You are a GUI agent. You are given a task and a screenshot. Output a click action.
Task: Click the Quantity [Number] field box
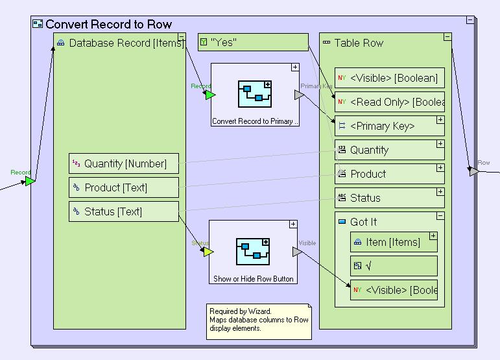click(x=124, y=163)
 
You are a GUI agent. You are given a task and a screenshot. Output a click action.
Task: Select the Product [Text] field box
click(x=124, y=187)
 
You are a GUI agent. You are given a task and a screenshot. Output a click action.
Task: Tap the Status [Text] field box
click(x=124, y=211)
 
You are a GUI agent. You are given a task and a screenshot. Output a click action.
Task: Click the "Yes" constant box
click(x=253, y=43)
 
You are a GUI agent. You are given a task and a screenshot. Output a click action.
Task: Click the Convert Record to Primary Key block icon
click(x=255, y=95)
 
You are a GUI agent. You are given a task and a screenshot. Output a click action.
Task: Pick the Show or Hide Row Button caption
click(x=254, y=279)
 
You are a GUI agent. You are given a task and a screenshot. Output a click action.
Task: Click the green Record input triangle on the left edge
click(x=30, y=181)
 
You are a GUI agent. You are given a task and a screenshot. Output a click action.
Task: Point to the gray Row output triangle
click(x=474, y=171)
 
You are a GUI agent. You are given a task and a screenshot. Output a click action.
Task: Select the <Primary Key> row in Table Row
click(x=389, y=126)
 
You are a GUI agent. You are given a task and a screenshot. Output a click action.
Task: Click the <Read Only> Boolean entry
click(x=389, y=102)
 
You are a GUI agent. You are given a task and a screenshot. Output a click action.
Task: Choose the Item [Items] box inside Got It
click(x=394, y=242)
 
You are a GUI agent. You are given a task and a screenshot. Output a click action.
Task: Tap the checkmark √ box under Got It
click(x=394, y=265)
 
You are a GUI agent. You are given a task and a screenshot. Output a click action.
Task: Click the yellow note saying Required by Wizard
click(x=259, y=321)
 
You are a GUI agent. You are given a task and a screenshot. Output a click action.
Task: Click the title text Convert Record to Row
click(x=108, y=25)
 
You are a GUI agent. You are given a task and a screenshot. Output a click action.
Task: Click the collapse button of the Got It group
click(x=440, y=216)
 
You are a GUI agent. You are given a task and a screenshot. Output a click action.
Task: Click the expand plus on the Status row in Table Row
click(x=440, y=192)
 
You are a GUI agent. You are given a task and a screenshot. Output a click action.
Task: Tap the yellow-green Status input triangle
click(x=208, y=252)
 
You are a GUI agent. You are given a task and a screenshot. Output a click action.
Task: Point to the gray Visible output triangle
click(x=297, y=252)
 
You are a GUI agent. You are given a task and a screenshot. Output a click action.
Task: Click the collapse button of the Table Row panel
click(x=447, y=37)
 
